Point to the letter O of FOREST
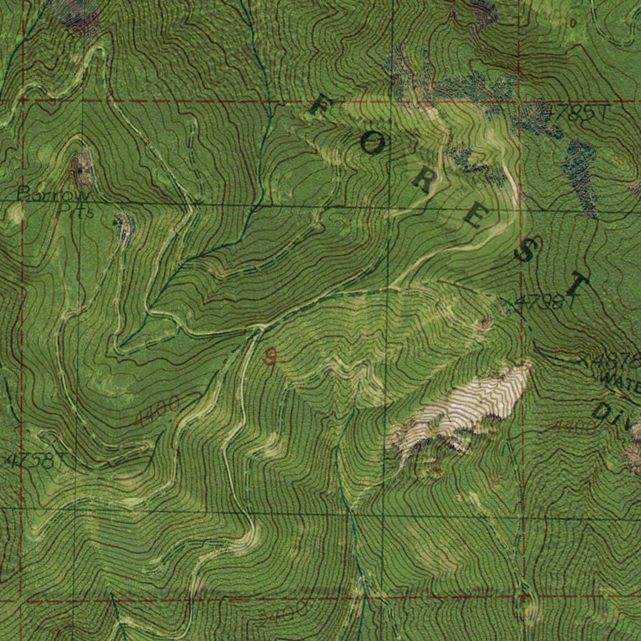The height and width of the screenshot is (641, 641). click(371, 145)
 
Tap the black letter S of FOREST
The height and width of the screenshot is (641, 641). click(525, 252)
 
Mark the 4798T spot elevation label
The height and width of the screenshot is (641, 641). click(541, 303)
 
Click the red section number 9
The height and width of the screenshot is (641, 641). click(270, 358)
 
